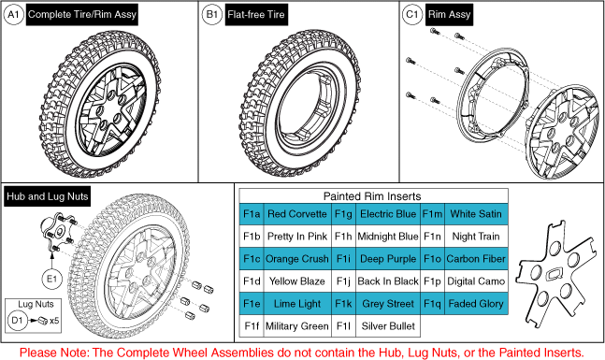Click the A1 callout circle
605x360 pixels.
pos(15,15)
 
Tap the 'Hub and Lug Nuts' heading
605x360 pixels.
pos(40,196)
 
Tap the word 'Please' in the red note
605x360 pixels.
pos(39,352)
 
